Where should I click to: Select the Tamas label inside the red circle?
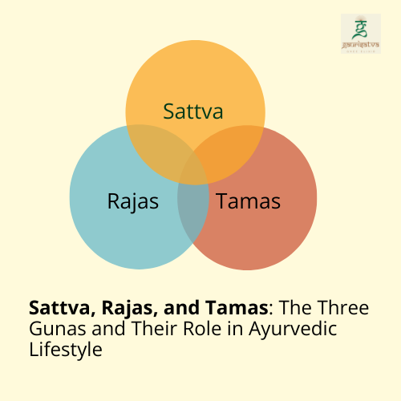248,200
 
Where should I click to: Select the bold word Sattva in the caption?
56,307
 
